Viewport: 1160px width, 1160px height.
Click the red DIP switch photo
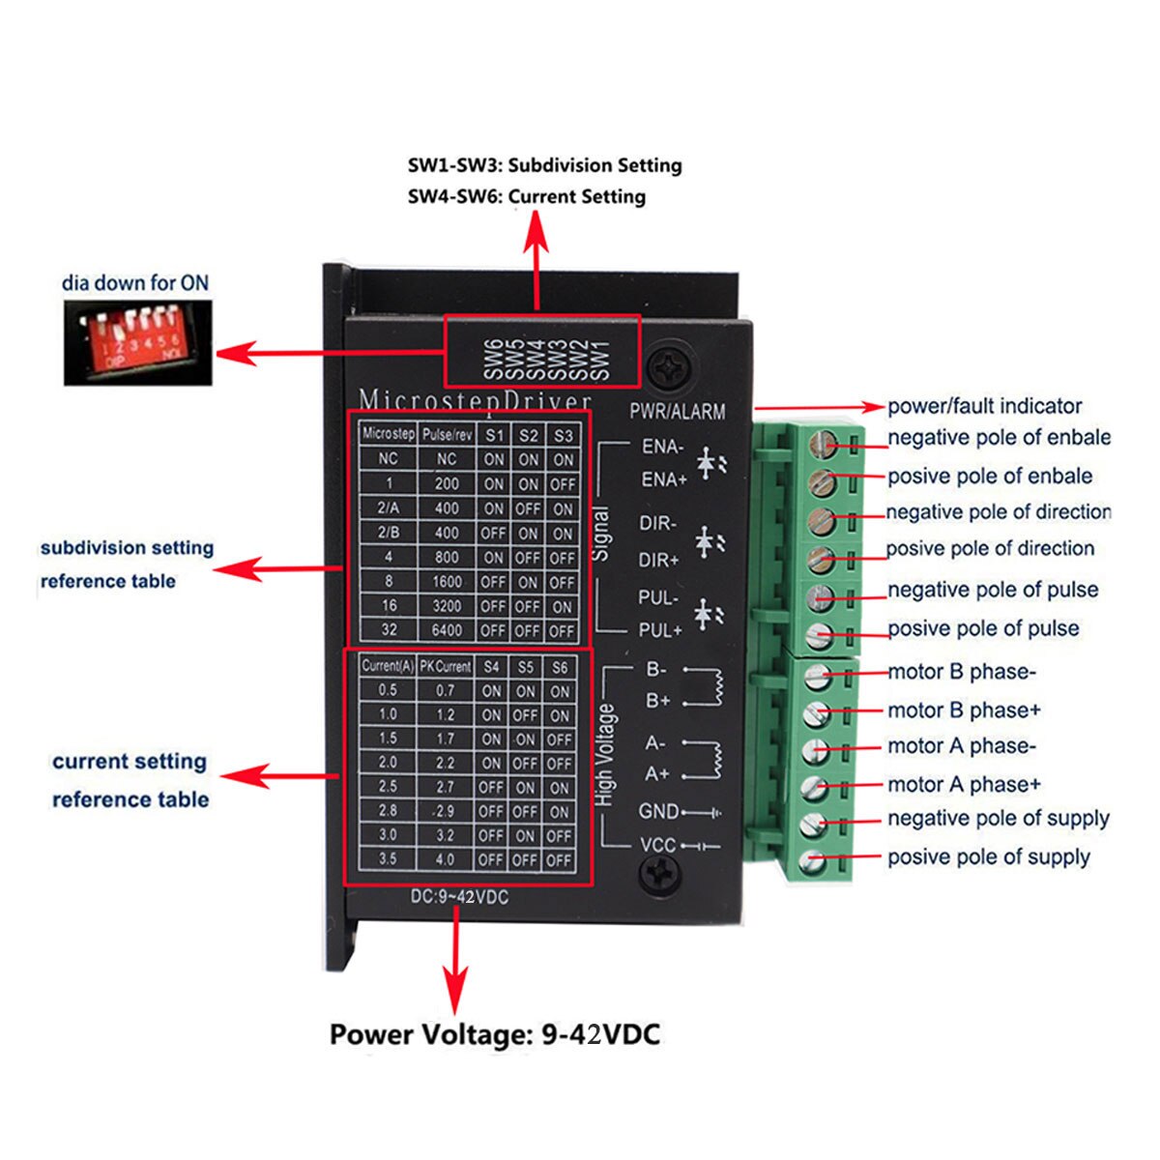(x=137, y=342)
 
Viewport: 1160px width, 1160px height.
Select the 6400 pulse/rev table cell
(x=447, y=630)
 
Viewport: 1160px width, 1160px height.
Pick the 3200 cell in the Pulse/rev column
(x=447, y=606)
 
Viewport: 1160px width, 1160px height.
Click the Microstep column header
(x=388, y=434)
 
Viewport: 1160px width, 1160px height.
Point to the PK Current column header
(x=446, y=667)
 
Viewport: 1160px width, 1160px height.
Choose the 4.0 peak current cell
(x=445, y=859)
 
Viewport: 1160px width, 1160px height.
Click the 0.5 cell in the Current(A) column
(x=388, y=690)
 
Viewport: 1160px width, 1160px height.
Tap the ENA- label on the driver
(x=662, y=447)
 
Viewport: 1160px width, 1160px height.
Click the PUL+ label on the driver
(x=660, y=630)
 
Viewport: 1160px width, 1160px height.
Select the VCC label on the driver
(x=657, y=846)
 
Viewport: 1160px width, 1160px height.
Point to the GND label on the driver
(x=659, y=812)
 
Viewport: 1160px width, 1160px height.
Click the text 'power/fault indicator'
(x=984, y=407)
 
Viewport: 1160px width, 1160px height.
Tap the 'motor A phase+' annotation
(x=964, y=785)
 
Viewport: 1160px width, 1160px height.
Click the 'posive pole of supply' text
(x=988, y=857)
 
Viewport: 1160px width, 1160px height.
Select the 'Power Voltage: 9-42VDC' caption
(x=495, y=1034)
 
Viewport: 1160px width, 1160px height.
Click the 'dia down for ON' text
(x=135, y=283)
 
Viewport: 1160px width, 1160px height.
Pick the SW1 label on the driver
(x=600, y=359)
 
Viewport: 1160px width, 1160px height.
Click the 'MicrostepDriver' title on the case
(x=475, y=399)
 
